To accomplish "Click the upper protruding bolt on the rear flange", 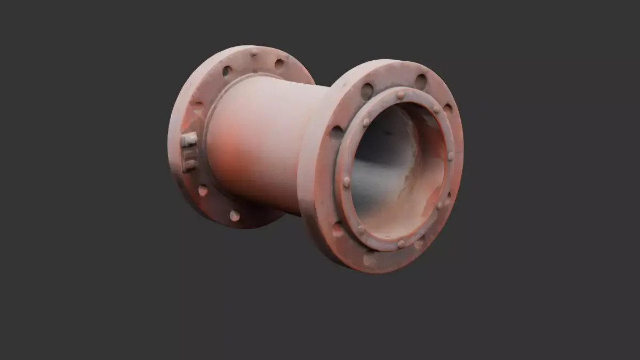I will (188, 140).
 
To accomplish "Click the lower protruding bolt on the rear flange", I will (189, 164).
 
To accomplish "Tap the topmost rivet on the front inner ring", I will (400, 95).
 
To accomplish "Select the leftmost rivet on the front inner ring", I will (347, 182).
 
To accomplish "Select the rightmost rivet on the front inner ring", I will (451, 156).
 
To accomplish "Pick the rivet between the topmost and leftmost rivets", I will (366, 122).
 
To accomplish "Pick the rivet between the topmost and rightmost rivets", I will (436, 109).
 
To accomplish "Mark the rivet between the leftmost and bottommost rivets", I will (361, 229).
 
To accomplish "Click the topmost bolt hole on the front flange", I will (421, 82).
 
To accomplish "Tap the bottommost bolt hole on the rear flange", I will (234, 215).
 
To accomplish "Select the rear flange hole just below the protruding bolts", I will (203, 190).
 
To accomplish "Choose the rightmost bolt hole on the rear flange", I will (279, 64).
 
